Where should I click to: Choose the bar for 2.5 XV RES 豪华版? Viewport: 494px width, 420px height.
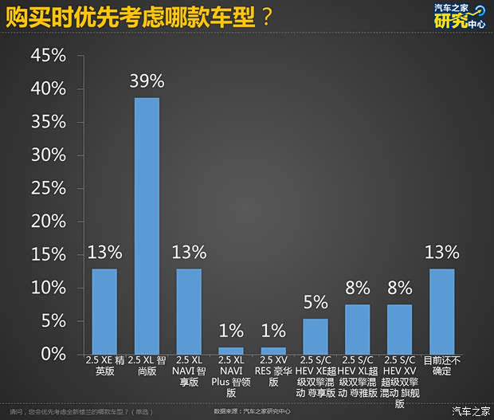(x=273, y=350)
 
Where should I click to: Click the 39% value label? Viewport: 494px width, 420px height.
(x=147, y=80)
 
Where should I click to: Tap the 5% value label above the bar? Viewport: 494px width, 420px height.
(x=316, y=302)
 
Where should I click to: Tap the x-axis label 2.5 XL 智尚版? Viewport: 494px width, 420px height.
(x=147, y=365)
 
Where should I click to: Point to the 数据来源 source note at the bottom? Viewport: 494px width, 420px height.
(x=253, y=412)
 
